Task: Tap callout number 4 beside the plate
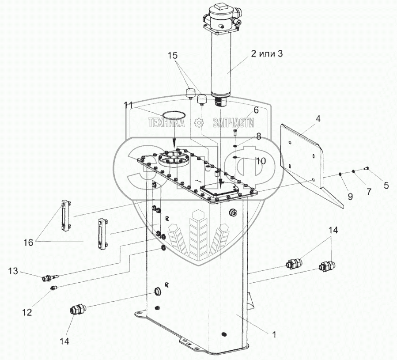318,119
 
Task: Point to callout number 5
386,186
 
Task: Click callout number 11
128,105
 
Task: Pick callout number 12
27,312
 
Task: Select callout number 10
261,161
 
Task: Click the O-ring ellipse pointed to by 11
174,115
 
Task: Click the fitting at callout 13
49,278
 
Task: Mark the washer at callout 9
341,174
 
